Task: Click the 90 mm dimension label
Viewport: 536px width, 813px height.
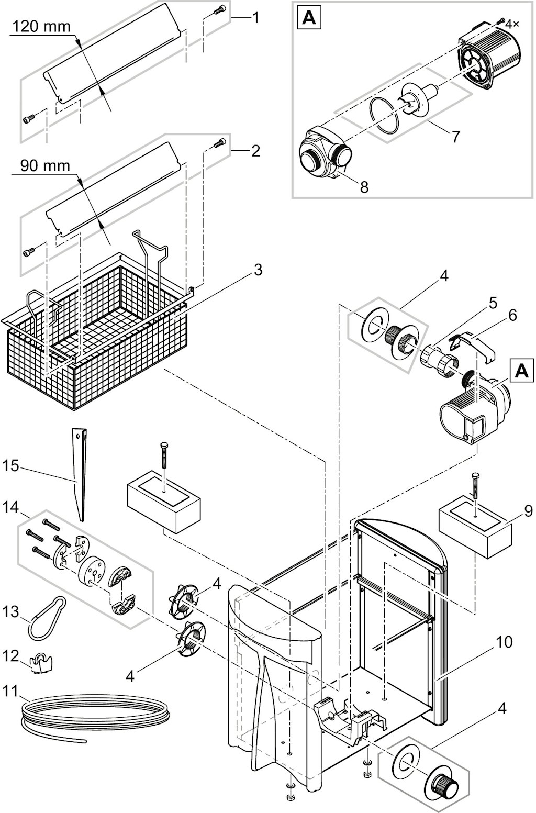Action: [45, 166]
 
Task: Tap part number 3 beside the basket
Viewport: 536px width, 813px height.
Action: [258, 270]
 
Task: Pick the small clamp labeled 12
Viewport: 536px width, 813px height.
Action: [42, 664]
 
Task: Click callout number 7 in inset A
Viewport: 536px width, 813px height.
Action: [455, 137]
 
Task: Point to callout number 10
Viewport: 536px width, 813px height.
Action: [505, 642]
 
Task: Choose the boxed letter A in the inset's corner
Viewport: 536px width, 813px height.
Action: [309, 19]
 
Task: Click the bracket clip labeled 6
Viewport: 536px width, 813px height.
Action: [473, 345]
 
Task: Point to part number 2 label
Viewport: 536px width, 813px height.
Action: [255, 151]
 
